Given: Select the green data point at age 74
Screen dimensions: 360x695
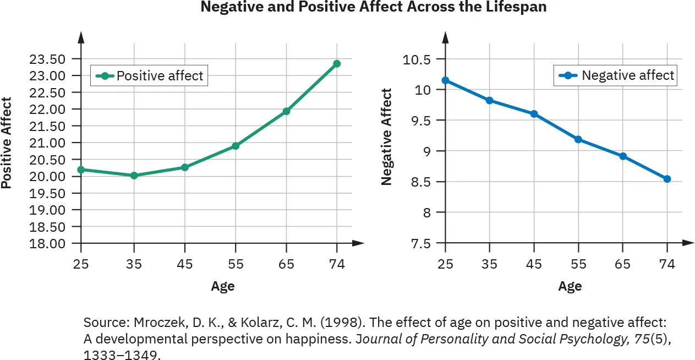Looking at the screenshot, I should tap(337, 64).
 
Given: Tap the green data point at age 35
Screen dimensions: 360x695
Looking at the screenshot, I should tap(134, 176).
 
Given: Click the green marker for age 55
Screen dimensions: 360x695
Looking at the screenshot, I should tap(236, 146).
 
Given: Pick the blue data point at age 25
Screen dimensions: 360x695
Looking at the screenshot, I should tap(445, 80).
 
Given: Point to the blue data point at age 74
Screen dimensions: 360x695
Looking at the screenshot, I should tap(667, 179).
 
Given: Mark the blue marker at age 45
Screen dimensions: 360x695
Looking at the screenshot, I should tap(534, 114).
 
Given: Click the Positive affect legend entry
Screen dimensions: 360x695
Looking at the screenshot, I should tap(150, 76).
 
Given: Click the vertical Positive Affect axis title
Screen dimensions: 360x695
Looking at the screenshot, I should tap(7, 143).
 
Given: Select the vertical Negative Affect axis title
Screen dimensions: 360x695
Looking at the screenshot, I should tap(387, 137).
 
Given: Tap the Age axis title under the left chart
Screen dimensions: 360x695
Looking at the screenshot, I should tap(222, 286).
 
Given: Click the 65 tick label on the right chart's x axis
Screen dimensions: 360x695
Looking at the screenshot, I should tap(622, 264).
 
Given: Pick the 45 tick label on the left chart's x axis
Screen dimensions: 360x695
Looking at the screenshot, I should tap(184, 264).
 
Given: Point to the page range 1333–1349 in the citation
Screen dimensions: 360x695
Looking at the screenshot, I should tap(122, 354).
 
